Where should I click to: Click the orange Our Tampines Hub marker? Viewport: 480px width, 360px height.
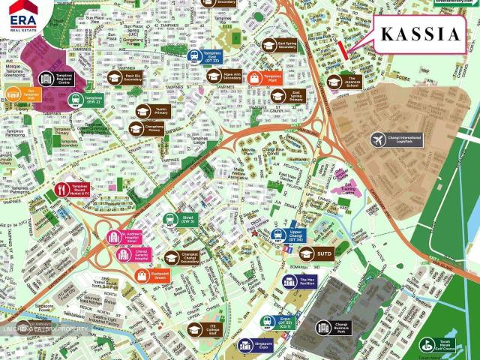(x=22, y=95)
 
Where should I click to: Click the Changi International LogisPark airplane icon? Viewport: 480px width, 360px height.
(x=378, y=140)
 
